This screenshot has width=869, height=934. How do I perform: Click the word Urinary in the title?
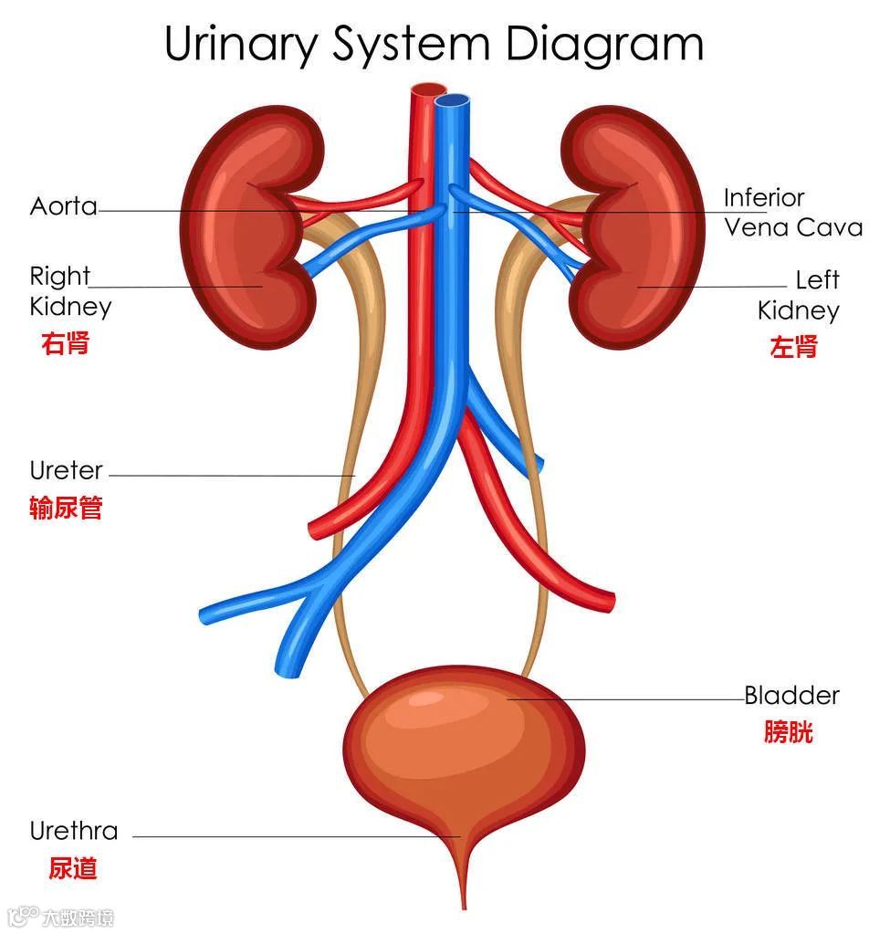[238, 44]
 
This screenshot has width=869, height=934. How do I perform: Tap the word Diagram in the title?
[605, 44]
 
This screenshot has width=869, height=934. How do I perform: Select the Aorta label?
[63, 206]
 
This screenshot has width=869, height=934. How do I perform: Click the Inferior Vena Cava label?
[790, 212]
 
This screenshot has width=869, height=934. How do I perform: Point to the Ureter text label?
[67, 471]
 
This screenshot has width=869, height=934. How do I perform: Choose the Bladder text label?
[791, 696]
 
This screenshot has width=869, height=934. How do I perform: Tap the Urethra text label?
[74, 831]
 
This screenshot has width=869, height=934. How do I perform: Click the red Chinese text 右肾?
[66, 343]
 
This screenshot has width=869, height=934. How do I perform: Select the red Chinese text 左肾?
[793, 347]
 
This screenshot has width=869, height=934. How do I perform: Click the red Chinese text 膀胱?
[789, 732]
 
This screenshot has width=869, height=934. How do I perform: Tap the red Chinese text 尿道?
[73, 867]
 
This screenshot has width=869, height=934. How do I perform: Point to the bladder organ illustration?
[464, 749]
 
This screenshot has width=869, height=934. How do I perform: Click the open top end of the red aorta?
[425, 90]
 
